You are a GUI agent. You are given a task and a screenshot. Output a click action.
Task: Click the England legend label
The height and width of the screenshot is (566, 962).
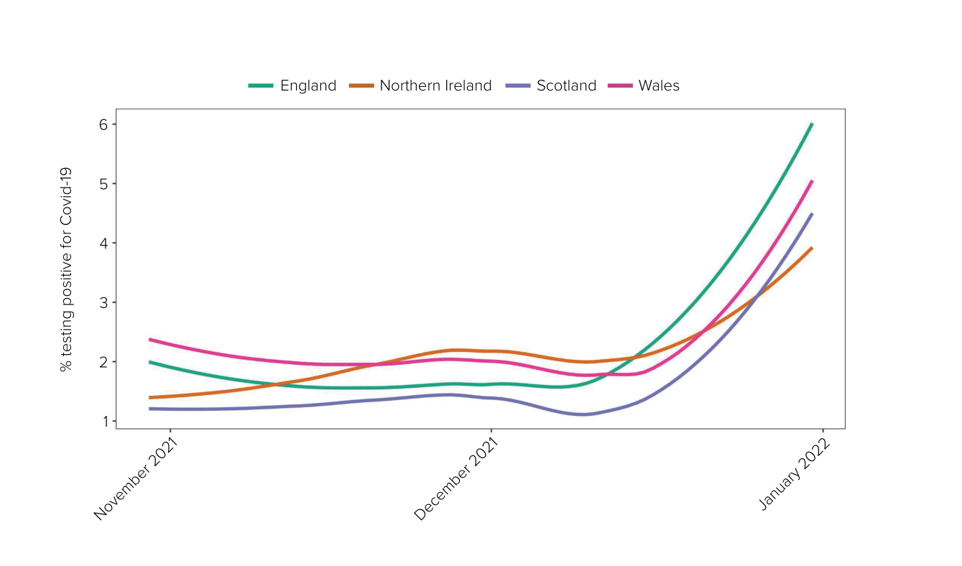(308, 86)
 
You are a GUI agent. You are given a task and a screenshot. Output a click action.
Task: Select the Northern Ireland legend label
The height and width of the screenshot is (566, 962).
(435, 86)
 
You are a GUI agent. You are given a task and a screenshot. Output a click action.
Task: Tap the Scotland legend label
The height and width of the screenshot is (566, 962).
(566, 86)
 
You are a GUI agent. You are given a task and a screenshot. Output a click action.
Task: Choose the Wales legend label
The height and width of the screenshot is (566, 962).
(659, 86)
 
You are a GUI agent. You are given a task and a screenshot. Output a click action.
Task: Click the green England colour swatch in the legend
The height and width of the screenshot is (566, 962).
(261, 86)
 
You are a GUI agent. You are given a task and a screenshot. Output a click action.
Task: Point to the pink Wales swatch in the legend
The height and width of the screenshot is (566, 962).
(621, 86)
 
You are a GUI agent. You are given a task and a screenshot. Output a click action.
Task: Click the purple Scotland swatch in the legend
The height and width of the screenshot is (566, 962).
(519, 86)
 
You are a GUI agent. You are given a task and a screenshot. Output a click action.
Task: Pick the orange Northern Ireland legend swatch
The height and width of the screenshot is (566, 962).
(361, 86)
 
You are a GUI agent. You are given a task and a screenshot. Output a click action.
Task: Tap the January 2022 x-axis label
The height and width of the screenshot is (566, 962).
(795, 475)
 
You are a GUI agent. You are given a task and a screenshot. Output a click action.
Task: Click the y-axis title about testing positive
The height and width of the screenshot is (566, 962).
(66, 269)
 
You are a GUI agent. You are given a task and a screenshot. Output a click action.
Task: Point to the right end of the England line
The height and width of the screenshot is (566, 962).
(812, 124)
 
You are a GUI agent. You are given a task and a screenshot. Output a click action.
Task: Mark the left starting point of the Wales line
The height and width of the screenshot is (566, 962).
(149, 339)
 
